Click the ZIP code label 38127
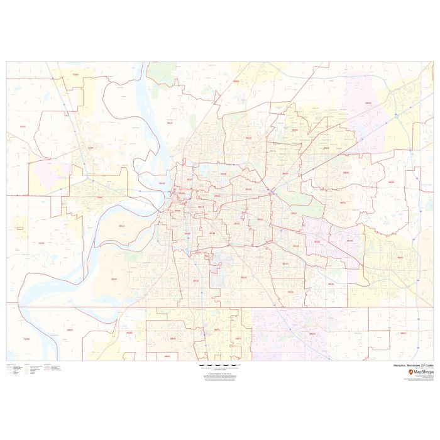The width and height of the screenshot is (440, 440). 170,123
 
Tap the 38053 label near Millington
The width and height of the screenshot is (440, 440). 236,82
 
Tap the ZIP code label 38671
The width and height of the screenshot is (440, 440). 217,329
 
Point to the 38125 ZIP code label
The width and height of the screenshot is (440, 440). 331,284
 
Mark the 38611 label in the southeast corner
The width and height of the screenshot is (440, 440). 403,333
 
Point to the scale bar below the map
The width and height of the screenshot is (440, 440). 220,365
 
